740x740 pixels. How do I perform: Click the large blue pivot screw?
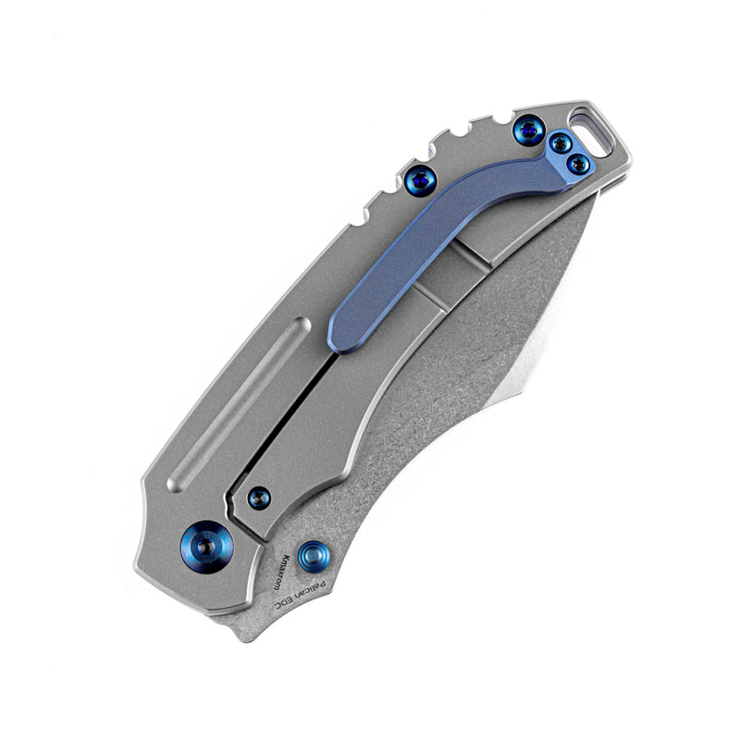(205, 549)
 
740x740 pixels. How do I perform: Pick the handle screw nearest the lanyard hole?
(527, 129)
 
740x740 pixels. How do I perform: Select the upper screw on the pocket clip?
(559, 143)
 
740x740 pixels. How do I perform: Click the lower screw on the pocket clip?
(578, 164)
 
